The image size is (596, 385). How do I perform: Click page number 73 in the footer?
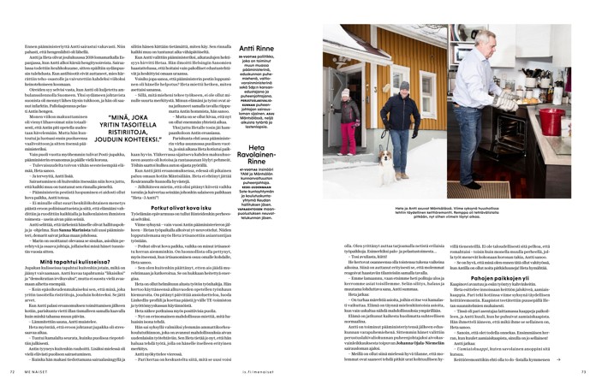click(583, 370)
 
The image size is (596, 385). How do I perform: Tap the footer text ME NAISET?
click(33, 370)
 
